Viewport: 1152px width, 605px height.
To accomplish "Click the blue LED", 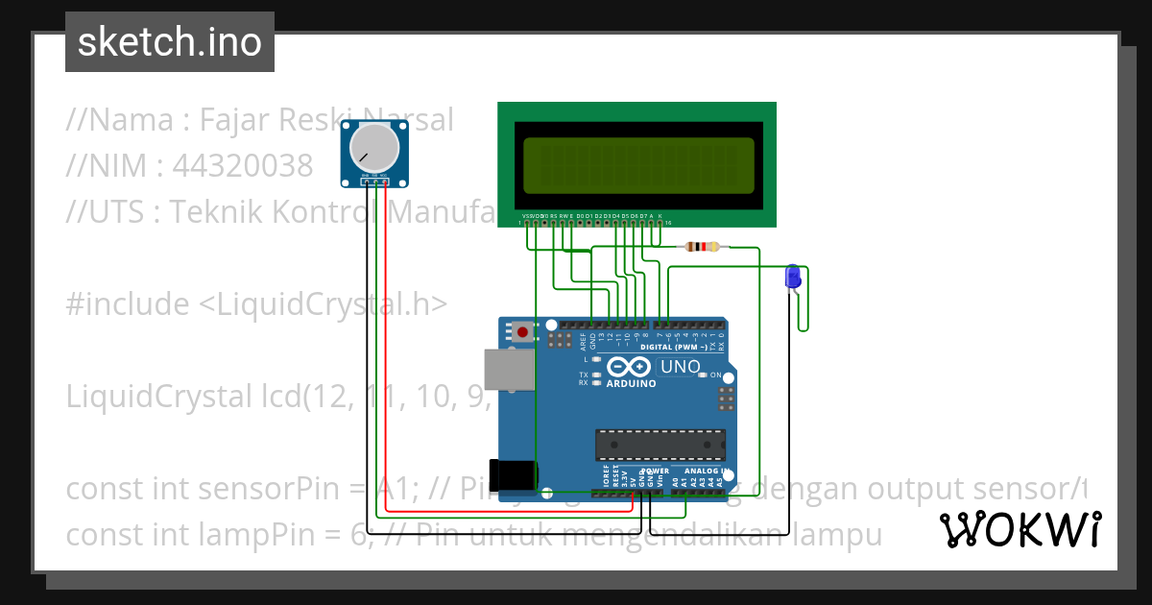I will coord(793,277).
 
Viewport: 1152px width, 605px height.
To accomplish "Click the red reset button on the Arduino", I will coord(521,333).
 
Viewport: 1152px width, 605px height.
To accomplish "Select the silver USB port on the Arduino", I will coord(507,370).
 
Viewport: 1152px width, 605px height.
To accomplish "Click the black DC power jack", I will coord(511,476).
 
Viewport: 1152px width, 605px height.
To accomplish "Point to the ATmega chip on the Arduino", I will coord(660,445).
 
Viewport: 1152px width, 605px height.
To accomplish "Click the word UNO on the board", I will coord(680,367).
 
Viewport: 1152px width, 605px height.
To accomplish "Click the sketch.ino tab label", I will coord(170,41).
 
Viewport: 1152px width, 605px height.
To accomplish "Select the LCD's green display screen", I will coord(638,164).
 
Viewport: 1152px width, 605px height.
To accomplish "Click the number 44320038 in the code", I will coord(242,166).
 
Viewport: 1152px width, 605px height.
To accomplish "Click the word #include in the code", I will coord(128,304).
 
